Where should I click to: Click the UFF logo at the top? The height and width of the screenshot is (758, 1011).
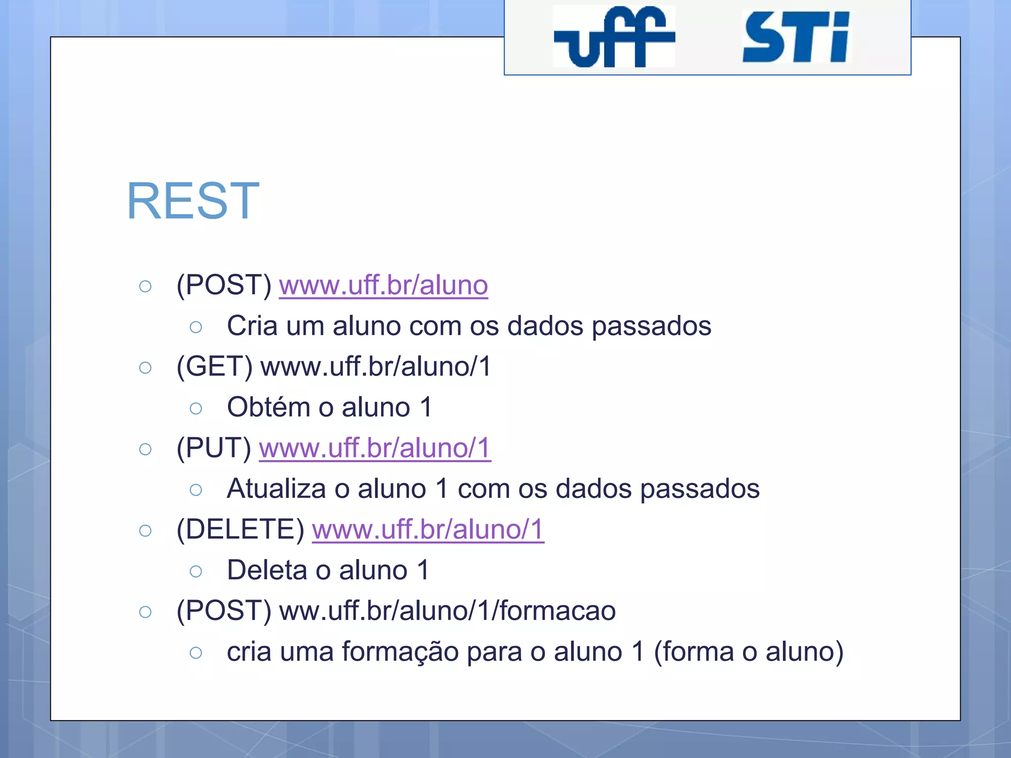614,37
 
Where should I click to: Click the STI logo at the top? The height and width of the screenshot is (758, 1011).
796,38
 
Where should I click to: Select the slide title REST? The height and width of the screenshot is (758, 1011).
193,201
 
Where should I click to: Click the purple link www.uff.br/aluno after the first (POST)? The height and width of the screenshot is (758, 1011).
383,285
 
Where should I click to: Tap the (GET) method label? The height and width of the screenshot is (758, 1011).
215,367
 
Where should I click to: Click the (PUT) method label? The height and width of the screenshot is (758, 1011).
214,448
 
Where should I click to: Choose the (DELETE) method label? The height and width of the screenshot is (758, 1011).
240,530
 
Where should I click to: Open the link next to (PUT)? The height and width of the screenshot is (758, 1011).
375,448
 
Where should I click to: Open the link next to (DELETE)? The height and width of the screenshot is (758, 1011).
428,530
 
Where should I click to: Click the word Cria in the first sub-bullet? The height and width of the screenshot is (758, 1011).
252,326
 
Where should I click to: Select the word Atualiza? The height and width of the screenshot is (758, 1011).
276,489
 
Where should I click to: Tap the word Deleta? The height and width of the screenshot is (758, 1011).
267,570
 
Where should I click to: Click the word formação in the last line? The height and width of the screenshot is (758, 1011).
400,652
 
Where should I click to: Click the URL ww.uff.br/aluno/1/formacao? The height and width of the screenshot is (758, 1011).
447,611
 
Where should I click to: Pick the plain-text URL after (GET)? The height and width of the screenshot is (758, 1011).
376,367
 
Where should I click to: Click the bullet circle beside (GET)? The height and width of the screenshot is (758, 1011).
145,368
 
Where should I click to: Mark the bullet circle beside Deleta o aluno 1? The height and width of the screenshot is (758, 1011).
196,571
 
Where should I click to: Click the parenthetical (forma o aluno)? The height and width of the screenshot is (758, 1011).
748,652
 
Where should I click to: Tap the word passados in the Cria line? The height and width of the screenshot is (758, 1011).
651,326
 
